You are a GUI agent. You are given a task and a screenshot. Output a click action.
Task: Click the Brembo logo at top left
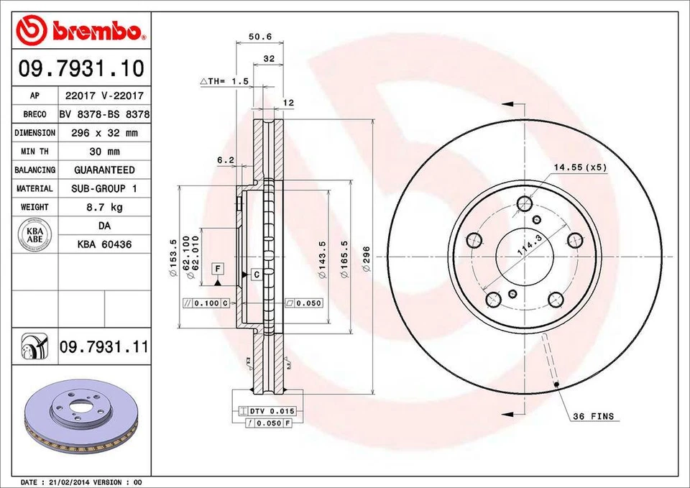(80, 29)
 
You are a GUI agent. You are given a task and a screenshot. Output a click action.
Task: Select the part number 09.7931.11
(103, 347)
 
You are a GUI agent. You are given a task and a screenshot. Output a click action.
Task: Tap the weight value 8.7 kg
(103, 207)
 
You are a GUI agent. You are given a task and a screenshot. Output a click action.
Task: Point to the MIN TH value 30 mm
(103, 152)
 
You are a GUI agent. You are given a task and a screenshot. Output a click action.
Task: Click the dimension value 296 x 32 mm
(103, 133)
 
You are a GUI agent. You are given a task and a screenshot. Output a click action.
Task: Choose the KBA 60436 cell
(103, 244)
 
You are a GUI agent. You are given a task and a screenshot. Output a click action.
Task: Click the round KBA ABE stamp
(35, 236)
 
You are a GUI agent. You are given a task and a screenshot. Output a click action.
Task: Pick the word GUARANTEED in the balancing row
(103, 170)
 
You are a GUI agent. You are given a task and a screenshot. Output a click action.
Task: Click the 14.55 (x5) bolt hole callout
(580, 167)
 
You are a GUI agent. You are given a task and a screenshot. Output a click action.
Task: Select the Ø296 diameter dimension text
(366, 257)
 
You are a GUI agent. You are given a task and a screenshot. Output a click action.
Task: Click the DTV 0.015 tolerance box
(271, 410)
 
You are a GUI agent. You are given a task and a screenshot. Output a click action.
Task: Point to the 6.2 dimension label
(226, 160)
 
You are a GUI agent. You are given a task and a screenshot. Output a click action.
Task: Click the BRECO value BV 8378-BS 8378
(103, 114)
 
